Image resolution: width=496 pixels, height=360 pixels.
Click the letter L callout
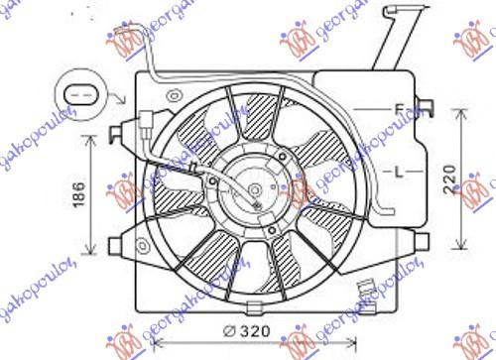(400, 172)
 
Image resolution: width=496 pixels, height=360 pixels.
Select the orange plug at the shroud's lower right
(366, 290)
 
